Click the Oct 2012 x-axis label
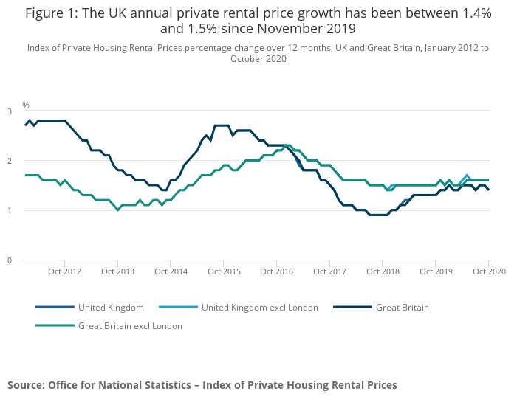point(65,271)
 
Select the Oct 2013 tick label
point(117,271)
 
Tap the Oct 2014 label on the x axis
point(171,271)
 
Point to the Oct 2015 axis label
point(224,271)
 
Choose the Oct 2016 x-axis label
point(276,271)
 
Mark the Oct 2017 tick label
point(329,271)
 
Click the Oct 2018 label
point(382,271)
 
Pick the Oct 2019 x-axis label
point(435,271)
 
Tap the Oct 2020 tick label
point(488,271)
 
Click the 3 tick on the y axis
point(10,111)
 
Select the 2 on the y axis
point(10,161)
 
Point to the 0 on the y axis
point(10,260)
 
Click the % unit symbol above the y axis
point(26,105)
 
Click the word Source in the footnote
point(25,385)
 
